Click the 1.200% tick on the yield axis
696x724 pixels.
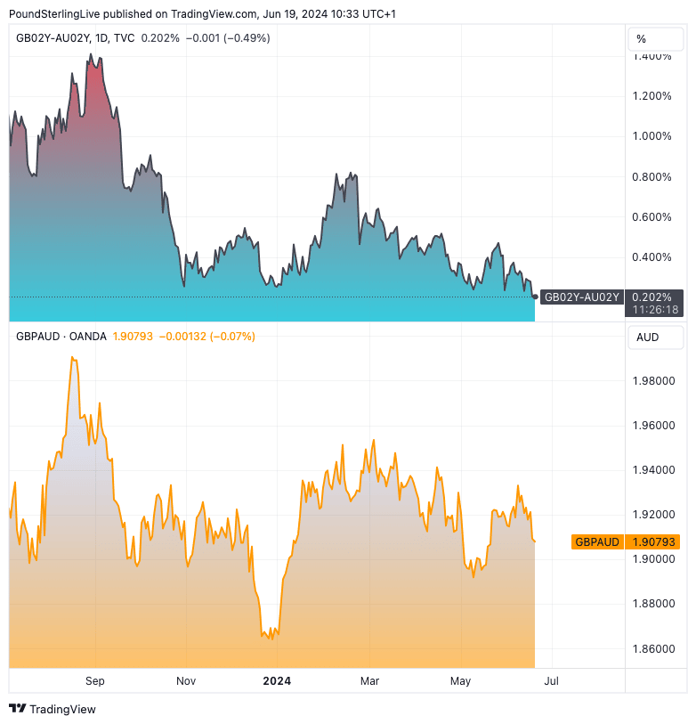pyautogui.click(x=651, y=96)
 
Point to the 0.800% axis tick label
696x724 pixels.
pyautogui.click(x=651, y=176)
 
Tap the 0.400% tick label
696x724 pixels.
pyautogui.click(x=651, y=257)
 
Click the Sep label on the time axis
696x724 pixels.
pyautogui.click(x=95, y=681)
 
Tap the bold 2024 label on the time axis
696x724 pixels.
pyautogui.click(x=277, y=681)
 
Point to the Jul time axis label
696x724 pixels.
pyautogui.click(x=551, y=681)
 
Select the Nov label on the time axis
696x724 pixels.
pyautogui.click(x=185, y=681)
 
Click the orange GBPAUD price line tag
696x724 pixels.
pyautogui.click(x=597, y=541)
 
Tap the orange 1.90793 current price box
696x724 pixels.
pyautogui.click(x=654, y=541)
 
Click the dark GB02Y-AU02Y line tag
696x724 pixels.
pyautogui.click(x=581, y=297)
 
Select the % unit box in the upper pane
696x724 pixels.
pyautogui.click(x=655, y=39)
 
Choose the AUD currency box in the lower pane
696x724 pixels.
pyautogui.click(x=655, y=338)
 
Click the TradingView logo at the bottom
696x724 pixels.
pyautogui.click(x=53, y=709)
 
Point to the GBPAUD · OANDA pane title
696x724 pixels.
pyautogui.click(x=61, y=337)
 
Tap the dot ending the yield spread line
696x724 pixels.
pyautogui.click(x=535, y=297)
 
